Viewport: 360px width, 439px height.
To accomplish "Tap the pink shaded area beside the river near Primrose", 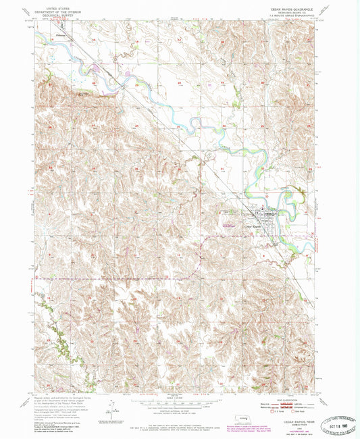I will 101,68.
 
